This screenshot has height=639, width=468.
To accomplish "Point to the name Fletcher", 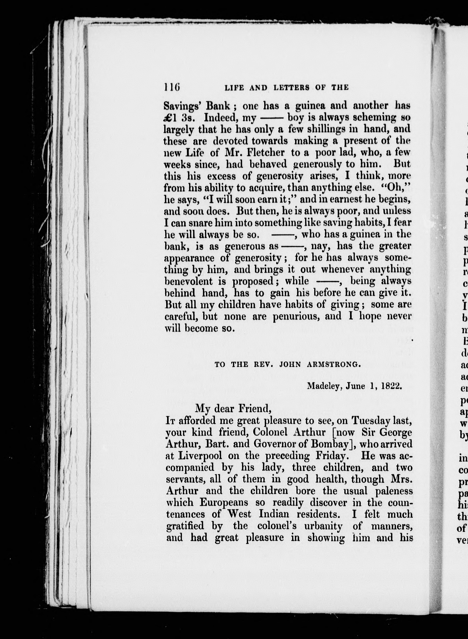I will (265, 153).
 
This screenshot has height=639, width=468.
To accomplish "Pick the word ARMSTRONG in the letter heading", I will (334, 365).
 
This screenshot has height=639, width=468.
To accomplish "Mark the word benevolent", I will (188, 281).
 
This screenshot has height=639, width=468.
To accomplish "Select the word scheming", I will (357, 118).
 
